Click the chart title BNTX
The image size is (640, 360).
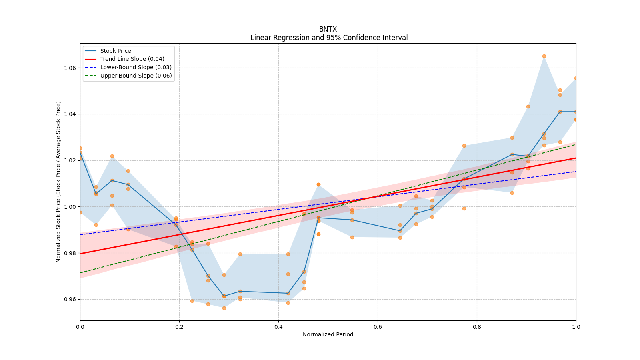[328, 29]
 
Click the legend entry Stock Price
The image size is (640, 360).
[116, 51]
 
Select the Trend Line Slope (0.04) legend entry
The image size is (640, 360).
[132, 59]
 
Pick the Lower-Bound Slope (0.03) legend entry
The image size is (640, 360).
[136, 68]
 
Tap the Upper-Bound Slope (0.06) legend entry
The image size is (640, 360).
[136, 76]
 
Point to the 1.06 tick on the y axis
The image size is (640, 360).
[70, 68]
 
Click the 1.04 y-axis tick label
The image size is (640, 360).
[70, 114]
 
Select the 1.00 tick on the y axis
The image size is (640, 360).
[70, 207]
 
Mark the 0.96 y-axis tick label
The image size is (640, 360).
[70, 299]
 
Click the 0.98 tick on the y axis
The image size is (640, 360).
[70, 253]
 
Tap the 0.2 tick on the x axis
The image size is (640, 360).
[179, 327]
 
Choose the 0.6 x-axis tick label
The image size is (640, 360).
[378, 327]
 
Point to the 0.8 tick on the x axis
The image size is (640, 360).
[477, 327]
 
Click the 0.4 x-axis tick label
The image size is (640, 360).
[278, 327]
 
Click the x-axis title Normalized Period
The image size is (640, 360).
[328, 334]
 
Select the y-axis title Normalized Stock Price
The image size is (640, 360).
[58, 182]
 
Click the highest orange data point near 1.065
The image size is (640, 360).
[544, 56]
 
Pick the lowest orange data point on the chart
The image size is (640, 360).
[224, 308]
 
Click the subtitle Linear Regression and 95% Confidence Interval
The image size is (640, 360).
[329, 38]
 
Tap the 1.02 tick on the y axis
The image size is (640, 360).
[70, 160]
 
